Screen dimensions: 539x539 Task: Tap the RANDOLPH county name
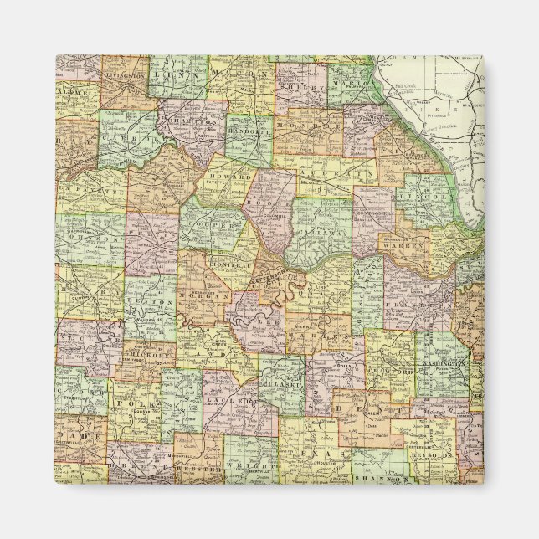[x=249, y=131]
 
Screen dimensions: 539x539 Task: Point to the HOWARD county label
[x=232, y=177]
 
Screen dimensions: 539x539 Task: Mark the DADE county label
[x=86, y=437]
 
